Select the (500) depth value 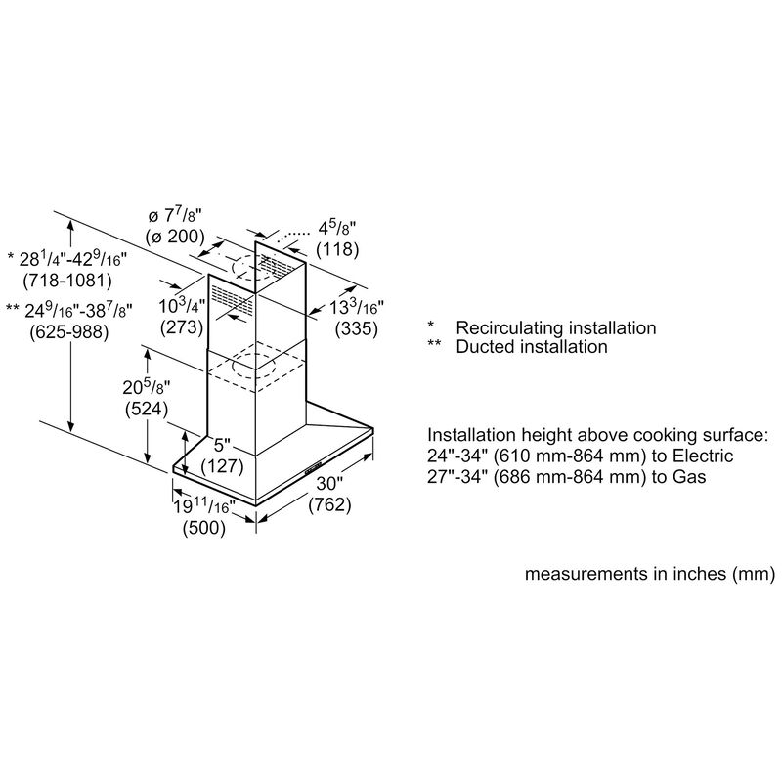tap(205, 529)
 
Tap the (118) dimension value tap(336, 249)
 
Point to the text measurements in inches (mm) tap(650, 574)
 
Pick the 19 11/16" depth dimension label tap(205, 507)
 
